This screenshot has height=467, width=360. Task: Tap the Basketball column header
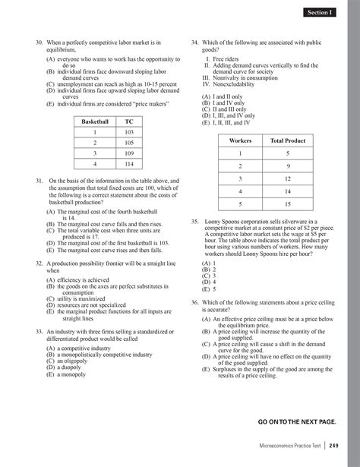[x=95, y=121]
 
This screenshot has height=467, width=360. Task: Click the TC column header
[x=128, y=121]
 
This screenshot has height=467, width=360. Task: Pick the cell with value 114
[x=128, y=163]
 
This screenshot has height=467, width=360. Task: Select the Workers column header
[x=239, y=140]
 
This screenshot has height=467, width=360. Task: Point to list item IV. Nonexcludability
[x=232, y=84]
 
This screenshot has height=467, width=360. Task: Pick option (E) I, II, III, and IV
[x=231, y=121]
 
